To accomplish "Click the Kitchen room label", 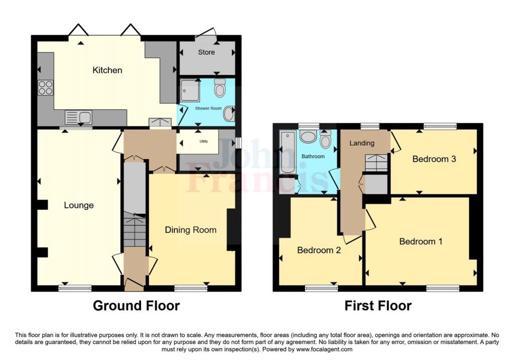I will click(107, 70).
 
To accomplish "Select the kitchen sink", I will click(78, 118).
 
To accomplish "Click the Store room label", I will click(206, 52).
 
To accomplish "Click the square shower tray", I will click(190, 91).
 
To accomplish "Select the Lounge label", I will click(79, 205).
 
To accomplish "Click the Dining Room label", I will click(191, 230).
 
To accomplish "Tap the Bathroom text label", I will click(313, 157).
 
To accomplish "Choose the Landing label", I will click(362, 143).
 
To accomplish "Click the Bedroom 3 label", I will click(434, 159).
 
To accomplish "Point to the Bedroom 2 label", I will click(319, 250).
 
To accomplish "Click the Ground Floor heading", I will click(136, 305).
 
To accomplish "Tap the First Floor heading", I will click(377, 305).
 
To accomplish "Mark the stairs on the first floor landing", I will click(376, 163).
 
